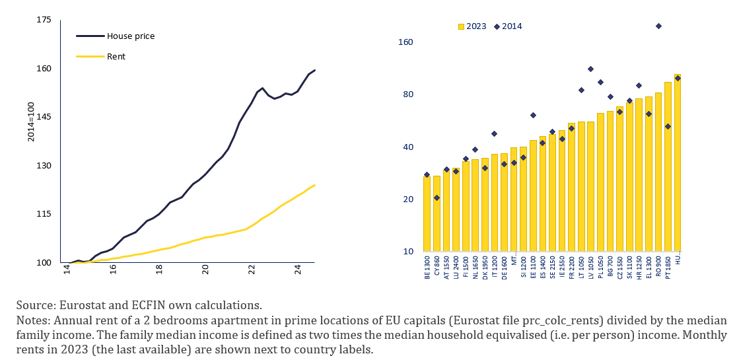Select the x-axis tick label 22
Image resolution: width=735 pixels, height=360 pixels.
click(252, 270)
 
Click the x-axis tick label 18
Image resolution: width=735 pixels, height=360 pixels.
click(159, 270)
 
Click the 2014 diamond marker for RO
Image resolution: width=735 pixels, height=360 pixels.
click(658, 26)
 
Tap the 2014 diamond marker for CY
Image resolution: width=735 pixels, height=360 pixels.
click(437, 198)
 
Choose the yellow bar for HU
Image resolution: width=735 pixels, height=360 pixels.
click(678, 162)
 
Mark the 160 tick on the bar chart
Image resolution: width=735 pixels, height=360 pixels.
click(405, 42)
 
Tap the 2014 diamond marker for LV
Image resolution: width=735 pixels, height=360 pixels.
click(590, 69)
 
